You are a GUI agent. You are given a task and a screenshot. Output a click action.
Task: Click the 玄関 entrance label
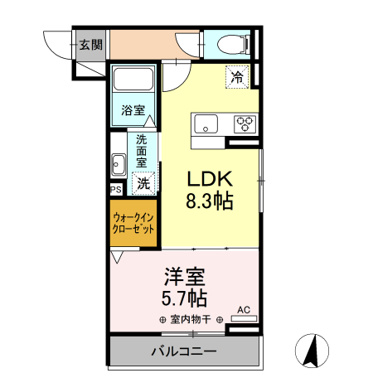[91, 45]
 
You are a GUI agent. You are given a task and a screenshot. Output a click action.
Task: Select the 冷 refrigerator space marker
[238, 79]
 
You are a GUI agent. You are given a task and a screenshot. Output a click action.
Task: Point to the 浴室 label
[133, 109]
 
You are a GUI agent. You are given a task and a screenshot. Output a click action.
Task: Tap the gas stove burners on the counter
[245, 124]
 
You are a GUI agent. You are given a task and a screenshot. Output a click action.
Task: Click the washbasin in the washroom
[118, 165]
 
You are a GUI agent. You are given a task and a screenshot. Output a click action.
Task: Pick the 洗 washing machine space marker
[144, 183]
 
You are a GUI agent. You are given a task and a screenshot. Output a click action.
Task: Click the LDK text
[209, 179]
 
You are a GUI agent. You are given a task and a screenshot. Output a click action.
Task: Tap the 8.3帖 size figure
[209, 201]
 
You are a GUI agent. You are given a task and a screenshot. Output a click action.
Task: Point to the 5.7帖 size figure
[184, 297]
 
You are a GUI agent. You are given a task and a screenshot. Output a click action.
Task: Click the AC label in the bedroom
[244, 310]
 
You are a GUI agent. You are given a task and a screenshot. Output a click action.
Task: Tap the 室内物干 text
[191, 320]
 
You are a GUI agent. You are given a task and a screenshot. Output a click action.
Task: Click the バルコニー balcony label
[183, 351]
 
